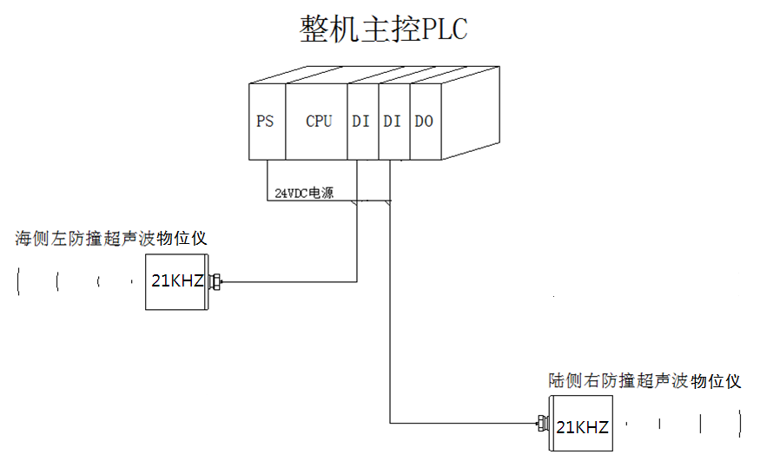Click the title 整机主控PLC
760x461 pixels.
[x=383, y=29]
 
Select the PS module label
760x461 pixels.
[x=265, y=122]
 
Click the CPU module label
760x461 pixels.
[x=319, y=122]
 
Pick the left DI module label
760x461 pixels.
[x=360, y=122]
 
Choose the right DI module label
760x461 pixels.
[x=393, y=122]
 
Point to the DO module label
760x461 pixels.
[x=424, y=122]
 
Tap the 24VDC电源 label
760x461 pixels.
[x=304, y=194]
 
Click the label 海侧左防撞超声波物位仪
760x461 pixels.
[x=110, y=237]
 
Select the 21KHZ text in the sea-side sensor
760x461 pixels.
[x=176, y=280]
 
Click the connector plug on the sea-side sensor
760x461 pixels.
[x=216, y=281]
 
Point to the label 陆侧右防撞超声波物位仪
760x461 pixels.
[x=646, y=380]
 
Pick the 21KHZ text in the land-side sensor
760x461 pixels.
[x=582, y=427]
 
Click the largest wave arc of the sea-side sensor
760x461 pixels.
[x=18, y=283]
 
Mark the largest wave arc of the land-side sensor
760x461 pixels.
[x=740, y=425]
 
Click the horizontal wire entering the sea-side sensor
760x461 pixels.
[x=287, y=281]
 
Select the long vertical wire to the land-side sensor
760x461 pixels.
[x=390, y=313]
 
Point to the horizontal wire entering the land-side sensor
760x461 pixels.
[x=465, y=423]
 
